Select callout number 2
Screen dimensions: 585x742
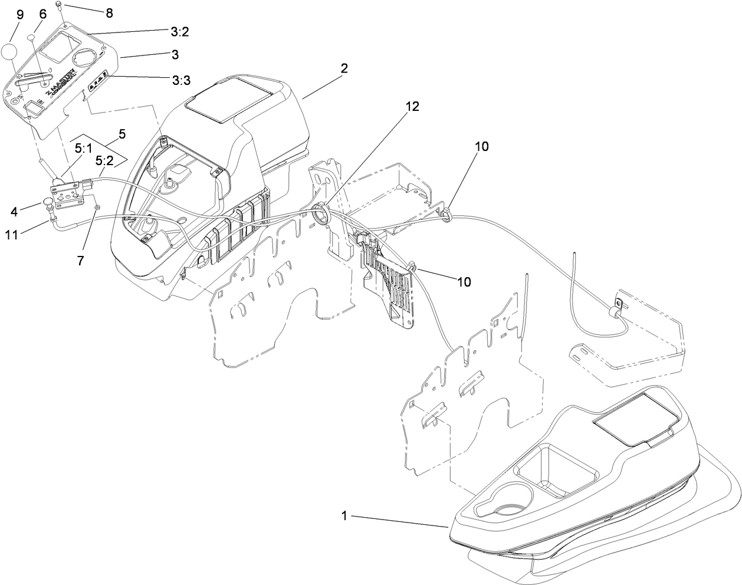tap(344, 68)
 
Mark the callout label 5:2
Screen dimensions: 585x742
tap(104, 160)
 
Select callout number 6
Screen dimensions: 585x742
tap(42, 13)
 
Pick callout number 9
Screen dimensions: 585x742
tap(19, 14)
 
